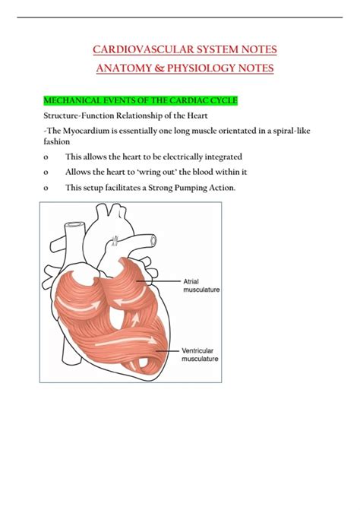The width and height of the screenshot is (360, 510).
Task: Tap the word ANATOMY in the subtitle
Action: tap(124, 68)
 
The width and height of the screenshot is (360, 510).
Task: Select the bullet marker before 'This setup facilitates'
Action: tap(47, 188)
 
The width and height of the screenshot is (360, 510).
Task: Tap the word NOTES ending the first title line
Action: tap(257, 49)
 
